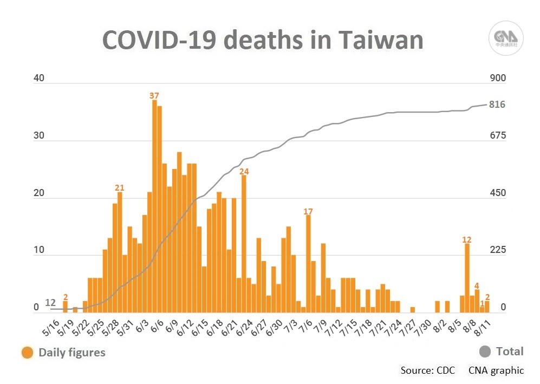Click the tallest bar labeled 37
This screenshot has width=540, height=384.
(154, 206)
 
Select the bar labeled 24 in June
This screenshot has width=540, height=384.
(244, 244)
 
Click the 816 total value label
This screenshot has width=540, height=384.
(497, 105)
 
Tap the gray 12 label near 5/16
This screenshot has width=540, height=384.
(50, 302)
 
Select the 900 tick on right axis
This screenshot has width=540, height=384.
(497, 79)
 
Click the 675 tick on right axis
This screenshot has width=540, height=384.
(497, 135)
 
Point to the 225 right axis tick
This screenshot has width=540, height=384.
(497, 250)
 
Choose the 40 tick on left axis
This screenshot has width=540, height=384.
(38, 79)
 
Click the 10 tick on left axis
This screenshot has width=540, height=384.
(38, 250)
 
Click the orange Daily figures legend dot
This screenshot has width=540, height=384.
(27, 353)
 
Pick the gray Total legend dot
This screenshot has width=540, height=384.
(485, 352)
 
